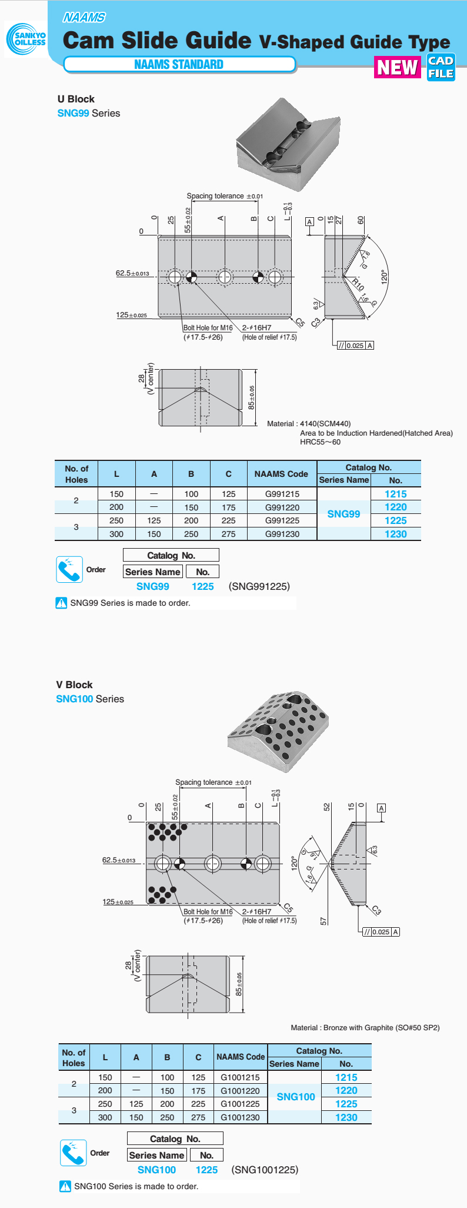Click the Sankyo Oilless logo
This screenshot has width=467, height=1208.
click(26, 39)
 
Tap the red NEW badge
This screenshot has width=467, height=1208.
click(398, 68)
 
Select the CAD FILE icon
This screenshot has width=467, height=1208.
click(441, 68)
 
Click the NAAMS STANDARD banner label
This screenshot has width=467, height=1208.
click(179, 65)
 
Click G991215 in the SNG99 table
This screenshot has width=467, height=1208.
click(282, 495)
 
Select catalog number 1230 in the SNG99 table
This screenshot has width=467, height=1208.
click(395, 534)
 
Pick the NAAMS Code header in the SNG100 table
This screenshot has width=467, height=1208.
click(240, 1057)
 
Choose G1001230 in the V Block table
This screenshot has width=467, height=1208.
click(240, 1117)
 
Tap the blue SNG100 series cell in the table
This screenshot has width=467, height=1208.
click(296, 1097)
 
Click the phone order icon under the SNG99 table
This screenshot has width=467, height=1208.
click(69, 569)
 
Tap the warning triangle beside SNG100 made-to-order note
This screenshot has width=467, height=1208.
click(65, 1186)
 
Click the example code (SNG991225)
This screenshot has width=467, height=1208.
click(259, 586)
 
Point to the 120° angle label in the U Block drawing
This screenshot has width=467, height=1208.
click(383, 277)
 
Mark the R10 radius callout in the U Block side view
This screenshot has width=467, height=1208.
click(358, 285)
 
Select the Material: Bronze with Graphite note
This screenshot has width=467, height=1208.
click(365, 1028)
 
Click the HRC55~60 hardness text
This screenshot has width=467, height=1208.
click(320, 442)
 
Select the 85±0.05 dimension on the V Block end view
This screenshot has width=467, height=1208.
click(239, 984)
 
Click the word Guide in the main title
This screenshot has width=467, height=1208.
click(218, 40)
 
